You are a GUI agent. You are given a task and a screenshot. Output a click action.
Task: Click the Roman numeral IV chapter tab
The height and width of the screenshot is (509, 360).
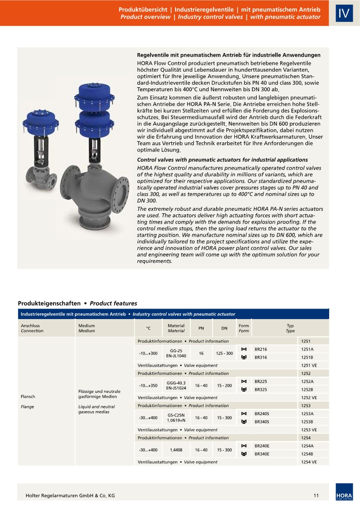tap(344, 13)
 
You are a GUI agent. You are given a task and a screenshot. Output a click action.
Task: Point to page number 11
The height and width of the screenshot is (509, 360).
tap(316, 495)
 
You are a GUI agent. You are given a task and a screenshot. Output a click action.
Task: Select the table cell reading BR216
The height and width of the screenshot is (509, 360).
tap(261, 349)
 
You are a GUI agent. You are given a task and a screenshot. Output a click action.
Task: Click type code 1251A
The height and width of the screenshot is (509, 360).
tap(307, 349)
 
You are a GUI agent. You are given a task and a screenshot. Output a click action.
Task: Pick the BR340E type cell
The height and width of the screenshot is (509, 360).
tap(262, 454)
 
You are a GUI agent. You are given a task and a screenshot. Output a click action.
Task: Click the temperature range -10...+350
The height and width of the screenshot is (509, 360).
tap(148, 386)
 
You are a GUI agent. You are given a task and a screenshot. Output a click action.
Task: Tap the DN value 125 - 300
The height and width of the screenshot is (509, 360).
tap(224, 353)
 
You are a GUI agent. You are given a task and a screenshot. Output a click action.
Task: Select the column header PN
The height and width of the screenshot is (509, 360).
tap(201, 328)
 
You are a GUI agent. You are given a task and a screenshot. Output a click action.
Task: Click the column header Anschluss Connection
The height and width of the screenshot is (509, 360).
tap(32, 328)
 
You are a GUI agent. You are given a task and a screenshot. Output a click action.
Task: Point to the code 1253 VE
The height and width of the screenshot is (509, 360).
tap(309, 430)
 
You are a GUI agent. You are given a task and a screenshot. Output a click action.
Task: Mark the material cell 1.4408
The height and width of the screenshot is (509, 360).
tap(176, 450)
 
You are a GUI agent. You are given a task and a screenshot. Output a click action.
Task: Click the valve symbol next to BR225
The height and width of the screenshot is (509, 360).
tap(244, 381)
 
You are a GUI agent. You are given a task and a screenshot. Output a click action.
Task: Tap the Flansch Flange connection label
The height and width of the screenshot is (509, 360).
tap(28, 402)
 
